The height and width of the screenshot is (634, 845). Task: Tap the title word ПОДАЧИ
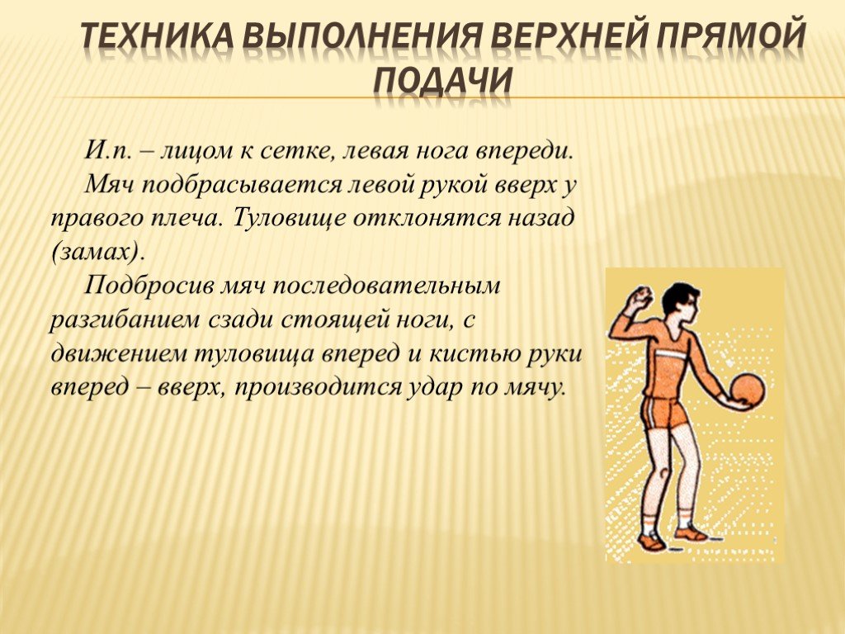tap(442, 81)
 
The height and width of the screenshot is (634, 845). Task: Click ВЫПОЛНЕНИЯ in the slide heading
tap(363, 37)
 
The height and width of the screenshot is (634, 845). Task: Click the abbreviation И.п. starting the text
tap(108, 150)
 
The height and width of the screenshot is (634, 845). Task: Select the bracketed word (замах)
tap(99, 253)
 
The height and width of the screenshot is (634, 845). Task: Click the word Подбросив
tap(149, 286)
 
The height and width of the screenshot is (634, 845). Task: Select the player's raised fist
tap(640, 298)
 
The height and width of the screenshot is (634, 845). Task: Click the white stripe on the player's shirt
tap(673, 354)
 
